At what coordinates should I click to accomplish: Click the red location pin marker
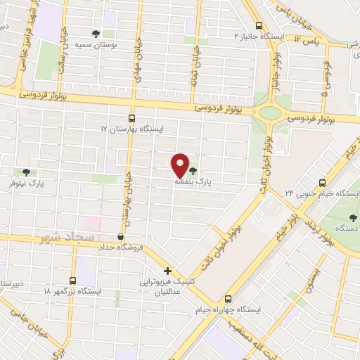181,165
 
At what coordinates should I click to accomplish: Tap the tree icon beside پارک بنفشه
193,170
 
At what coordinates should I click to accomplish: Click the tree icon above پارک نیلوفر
27,172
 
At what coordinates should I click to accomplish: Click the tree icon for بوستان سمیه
96,32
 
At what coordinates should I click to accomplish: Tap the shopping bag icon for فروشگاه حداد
122,237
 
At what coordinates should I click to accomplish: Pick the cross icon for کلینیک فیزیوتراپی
167,271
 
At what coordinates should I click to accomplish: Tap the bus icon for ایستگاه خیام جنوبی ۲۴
322,181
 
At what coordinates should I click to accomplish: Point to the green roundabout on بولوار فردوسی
269,111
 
